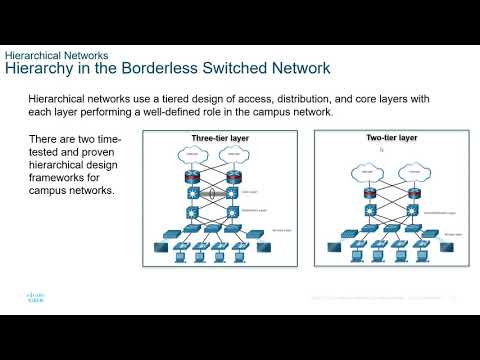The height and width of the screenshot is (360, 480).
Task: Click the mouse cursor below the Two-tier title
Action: [x=381, y=149]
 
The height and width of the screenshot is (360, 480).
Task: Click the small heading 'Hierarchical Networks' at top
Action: [x=57, y=55]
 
